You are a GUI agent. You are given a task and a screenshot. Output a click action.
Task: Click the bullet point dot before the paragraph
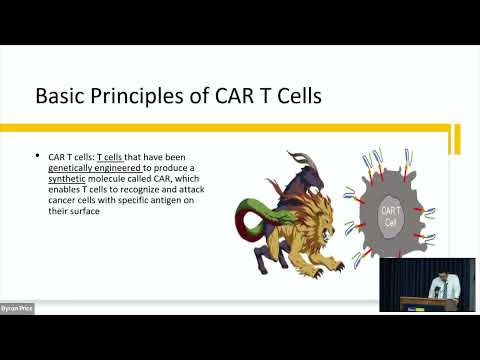tap(37, 157)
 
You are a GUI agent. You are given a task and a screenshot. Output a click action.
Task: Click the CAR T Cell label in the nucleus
tap(391, 213)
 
